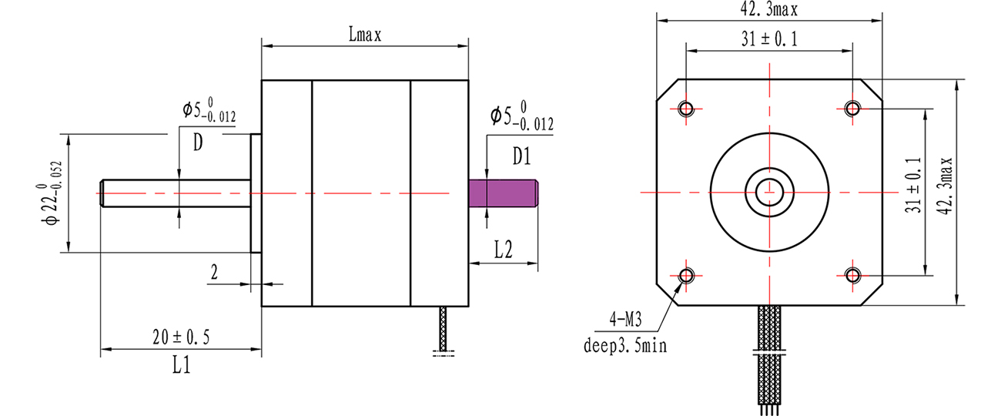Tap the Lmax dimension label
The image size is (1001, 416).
pyautogui.click(x=365, y=35)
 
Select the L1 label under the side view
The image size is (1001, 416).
pyautogui.click(x=181, y=366)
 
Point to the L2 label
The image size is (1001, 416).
pyautogui.click(x=504, y=248)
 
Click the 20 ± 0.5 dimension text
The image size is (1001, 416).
pyautogui.click(x=181, y=337)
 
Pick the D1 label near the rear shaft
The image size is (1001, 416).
pyautogui.click(x=522, y=156)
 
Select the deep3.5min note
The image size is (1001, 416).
pyautogui.click(x=625, y=344)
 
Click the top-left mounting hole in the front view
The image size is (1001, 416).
pyautogui.click(x=687, y=108)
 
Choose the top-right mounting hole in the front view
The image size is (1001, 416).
pyautogui.click(x=852, y=108)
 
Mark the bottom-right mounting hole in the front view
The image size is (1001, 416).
pyautogui.click(x=852, y=274)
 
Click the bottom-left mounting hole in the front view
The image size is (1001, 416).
pyautogui.click(x=687, y=274)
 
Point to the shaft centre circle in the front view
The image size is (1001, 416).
pyautogui.click(x=768, y=191)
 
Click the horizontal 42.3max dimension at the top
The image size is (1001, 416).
pyautogui.click(x=768, y=11)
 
